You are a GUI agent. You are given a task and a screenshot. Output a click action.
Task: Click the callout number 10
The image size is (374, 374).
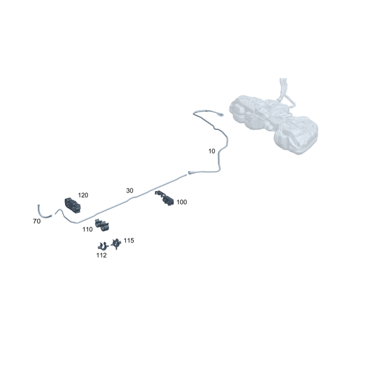(212, 151)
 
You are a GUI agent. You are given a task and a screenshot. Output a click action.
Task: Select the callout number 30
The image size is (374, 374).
(129, 191)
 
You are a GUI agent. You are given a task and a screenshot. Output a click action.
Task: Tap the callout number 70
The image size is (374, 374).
(36, 221)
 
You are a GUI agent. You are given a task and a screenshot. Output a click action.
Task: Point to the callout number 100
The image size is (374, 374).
(181, 202)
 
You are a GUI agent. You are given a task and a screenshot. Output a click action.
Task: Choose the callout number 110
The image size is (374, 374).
(87, 230)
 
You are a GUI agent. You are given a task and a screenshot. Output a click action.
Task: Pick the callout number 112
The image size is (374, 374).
(101, 255)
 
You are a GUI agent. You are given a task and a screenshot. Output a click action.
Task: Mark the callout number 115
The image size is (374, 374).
(129, 240)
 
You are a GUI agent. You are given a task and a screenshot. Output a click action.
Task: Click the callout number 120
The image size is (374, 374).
(83, 195)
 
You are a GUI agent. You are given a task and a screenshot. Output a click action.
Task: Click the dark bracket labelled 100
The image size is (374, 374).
(165, 198)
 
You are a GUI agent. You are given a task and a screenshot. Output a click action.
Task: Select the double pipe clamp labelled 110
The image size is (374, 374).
(102, 225)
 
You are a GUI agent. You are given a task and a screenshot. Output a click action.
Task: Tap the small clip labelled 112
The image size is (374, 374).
(103, 246)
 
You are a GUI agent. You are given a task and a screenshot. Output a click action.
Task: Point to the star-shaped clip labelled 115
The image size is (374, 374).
(116, 244)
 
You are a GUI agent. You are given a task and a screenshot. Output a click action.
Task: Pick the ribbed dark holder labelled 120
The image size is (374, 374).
(72, 205)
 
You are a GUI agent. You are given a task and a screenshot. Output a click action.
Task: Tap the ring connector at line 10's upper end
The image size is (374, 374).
(221, 115)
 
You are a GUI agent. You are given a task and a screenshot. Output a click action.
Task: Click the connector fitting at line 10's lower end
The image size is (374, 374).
(190, 172)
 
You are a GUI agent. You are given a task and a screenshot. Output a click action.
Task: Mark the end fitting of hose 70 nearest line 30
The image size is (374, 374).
(50, 216)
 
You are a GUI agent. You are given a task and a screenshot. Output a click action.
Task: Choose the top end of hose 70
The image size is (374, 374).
(38, 205)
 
